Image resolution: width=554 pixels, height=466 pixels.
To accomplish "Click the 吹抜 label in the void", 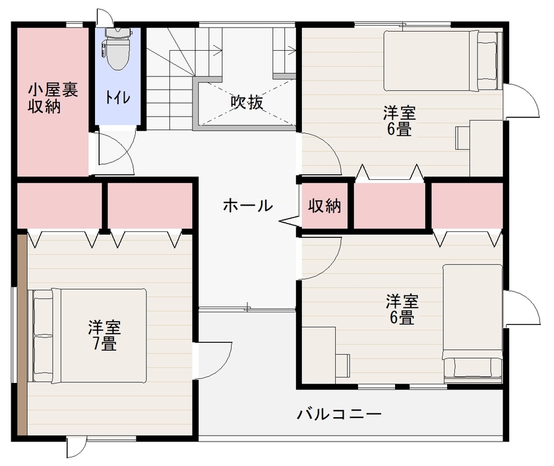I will (247, 103).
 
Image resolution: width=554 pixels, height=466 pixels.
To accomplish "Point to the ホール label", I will (247, 206).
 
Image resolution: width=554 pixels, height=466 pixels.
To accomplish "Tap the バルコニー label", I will (339, 415).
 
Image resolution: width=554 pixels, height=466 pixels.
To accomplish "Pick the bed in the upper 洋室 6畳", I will (441, 60).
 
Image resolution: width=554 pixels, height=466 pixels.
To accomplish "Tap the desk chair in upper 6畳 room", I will (462, 137).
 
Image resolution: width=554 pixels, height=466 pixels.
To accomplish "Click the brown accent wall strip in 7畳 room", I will (22, 334).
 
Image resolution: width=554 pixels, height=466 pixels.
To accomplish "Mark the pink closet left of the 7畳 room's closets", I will (58, 204).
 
